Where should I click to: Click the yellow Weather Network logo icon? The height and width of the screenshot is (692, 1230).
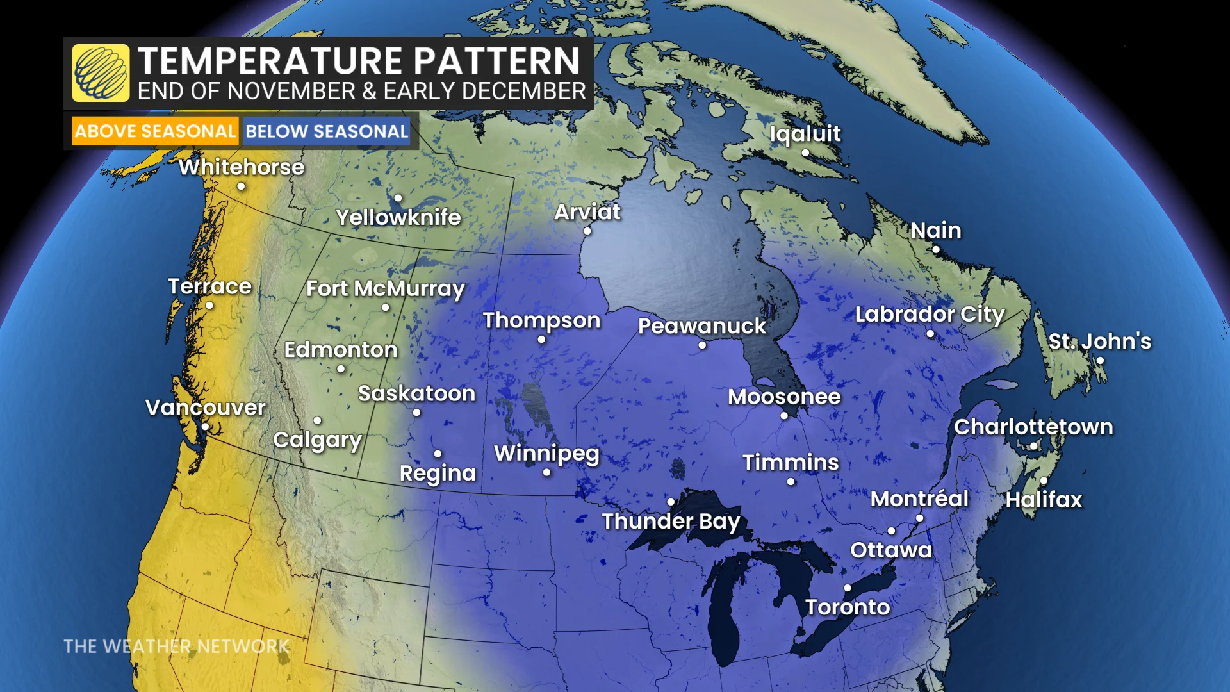tap(101, 73)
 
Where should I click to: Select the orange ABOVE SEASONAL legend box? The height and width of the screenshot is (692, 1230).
tap(155, 131)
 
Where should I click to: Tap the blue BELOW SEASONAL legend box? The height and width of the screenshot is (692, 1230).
tap(327, 131)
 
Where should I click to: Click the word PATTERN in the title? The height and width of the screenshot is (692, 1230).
tap(496, 62)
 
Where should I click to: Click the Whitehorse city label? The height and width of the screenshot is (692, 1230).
tap(242, 167)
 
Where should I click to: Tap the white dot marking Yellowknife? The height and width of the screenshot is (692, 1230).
tap(398, 198)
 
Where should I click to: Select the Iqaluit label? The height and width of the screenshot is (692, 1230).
tap(805, 133)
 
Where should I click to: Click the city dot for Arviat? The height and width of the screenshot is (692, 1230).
tap(587, 231)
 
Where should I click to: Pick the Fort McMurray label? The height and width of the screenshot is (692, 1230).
tap(385, 289)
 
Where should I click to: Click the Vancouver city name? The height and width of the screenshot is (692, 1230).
tap(206, 408)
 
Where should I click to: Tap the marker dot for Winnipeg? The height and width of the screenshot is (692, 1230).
tap(546, 473)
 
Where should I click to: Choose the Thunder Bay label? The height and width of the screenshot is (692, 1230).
tap(671, 521)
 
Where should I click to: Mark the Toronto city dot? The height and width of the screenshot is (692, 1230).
tap(848, 588)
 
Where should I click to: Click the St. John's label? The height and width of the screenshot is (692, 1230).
tap(1099, 341)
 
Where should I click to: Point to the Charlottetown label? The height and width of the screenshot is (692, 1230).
tap(1033, 427)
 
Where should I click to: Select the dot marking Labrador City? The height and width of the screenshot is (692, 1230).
tap(930, 334)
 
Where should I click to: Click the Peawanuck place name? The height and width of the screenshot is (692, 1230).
tap(702, 326)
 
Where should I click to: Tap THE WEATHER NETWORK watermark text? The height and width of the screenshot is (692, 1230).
tap(176, 647)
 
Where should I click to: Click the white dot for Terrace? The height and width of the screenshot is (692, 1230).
tap(209, 306)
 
